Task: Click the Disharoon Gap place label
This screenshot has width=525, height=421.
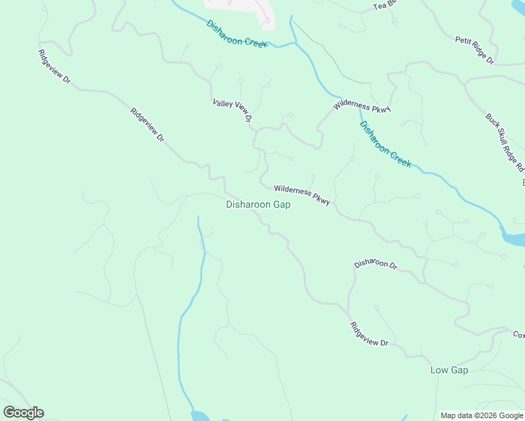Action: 258,205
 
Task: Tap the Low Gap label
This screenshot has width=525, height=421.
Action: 448,370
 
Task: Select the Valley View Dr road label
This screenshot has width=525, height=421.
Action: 232,112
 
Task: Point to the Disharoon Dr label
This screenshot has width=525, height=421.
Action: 376,265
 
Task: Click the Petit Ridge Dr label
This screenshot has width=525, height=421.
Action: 474,51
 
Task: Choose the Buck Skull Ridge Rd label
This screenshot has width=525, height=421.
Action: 505,142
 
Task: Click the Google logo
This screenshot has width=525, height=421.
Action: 23,413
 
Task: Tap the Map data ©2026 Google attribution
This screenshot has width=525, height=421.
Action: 482,415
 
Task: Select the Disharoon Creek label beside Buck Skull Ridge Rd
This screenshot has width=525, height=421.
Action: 385,145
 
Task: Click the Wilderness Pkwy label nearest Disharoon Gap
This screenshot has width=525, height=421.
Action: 302,194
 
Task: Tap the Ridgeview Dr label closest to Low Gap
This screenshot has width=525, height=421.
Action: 369,334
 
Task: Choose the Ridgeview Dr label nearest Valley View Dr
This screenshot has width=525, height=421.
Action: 147,126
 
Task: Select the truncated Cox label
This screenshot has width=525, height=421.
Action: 518,335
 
